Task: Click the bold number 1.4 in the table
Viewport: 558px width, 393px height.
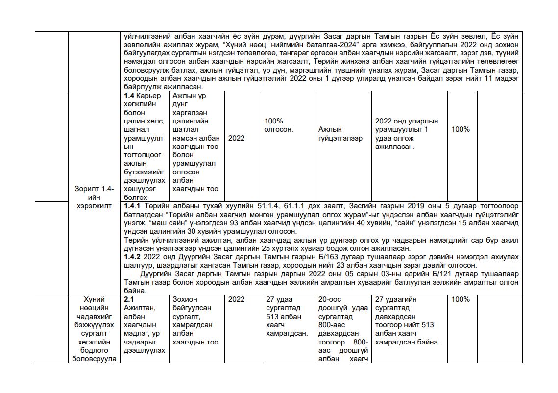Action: [129, 96]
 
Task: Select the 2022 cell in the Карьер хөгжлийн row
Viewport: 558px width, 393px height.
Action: [236, 138]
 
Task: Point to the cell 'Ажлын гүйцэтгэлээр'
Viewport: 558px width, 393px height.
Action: [340, 134]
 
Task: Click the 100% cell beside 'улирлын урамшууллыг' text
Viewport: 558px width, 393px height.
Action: [460, 129]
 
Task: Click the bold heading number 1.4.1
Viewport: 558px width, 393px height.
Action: [132, 206]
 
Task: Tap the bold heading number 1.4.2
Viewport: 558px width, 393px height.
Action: [132, 257]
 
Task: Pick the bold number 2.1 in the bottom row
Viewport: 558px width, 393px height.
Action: [129, 299]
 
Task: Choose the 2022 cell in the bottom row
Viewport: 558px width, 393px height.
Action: [236, 299]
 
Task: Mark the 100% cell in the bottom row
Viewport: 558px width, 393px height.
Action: [460, 299]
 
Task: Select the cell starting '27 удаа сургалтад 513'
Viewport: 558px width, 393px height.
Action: [287, 316]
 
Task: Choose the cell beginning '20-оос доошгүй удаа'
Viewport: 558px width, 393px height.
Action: [343, 329]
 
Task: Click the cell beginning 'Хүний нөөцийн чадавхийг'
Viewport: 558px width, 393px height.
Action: [95, 329]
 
